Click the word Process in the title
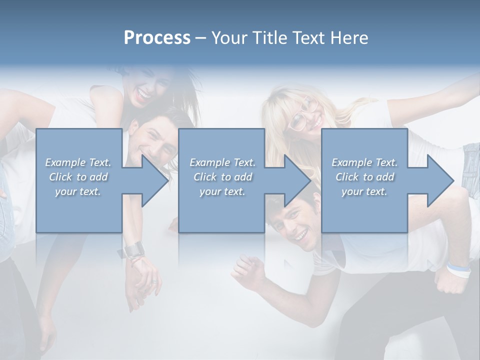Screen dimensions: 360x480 [157, 38]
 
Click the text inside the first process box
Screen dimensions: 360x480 [78, 177]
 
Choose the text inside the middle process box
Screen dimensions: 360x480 [222, 177]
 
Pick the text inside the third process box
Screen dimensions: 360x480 [364, 177]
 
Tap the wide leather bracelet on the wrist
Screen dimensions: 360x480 [134, 249]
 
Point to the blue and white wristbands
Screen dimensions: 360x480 [459, 270]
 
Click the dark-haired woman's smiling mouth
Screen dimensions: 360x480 [144, 93]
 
